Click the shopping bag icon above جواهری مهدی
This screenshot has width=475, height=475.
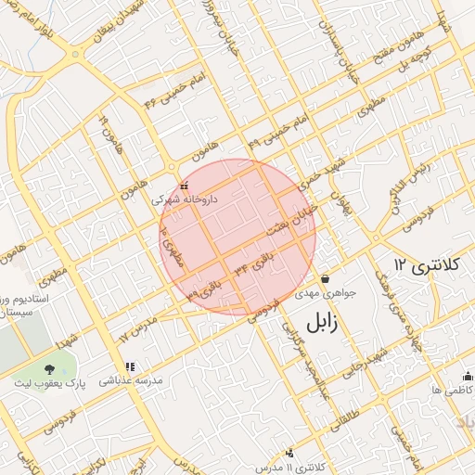[326, 279]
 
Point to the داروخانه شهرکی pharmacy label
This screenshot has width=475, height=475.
[185, 199]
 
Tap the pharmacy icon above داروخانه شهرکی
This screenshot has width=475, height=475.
[184, 186]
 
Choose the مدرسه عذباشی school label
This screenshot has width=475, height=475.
[131, 380]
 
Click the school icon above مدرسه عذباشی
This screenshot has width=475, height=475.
[131, 366]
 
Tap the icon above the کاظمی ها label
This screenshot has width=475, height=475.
[467, 376]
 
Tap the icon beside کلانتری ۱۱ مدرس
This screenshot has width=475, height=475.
[290, 453]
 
